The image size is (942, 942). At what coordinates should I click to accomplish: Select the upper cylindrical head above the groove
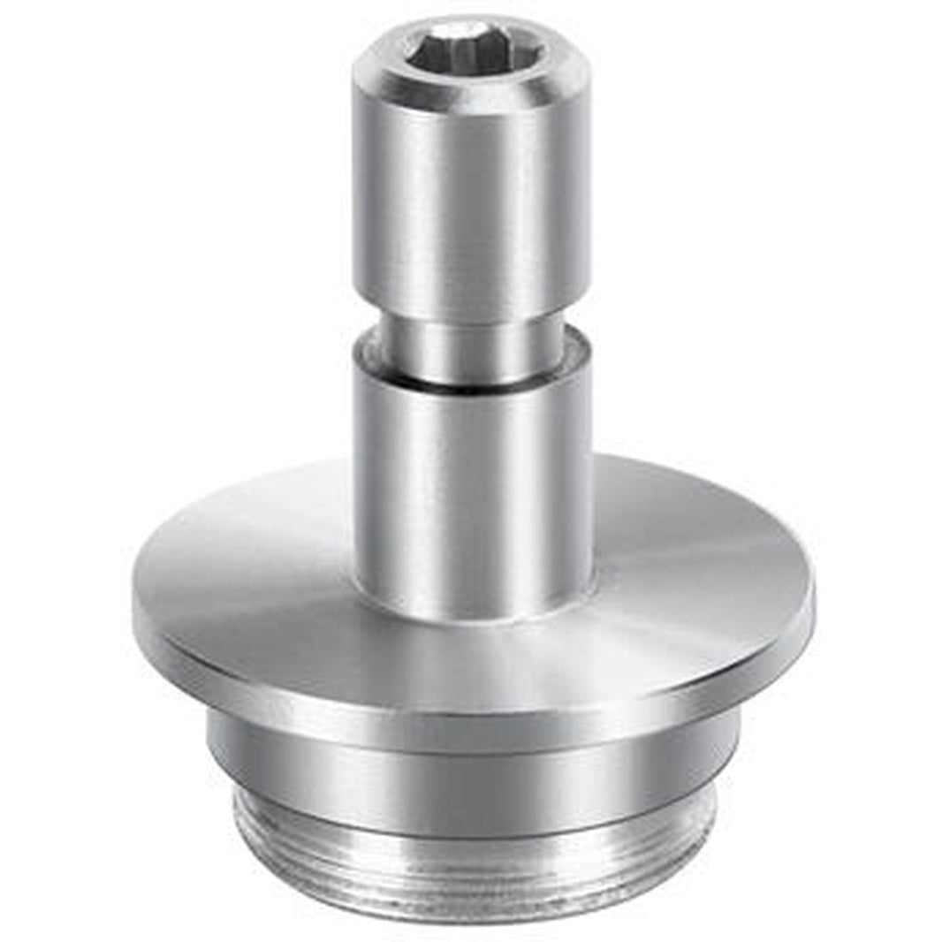pyautogui.click(x=468, y=203)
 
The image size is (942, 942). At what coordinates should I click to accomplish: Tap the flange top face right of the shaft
pyautogui.click(x=689, y=539)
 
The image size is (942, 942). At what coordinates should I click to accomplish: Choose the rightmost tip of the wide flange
pyautogui.click(x=814, y=601)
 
